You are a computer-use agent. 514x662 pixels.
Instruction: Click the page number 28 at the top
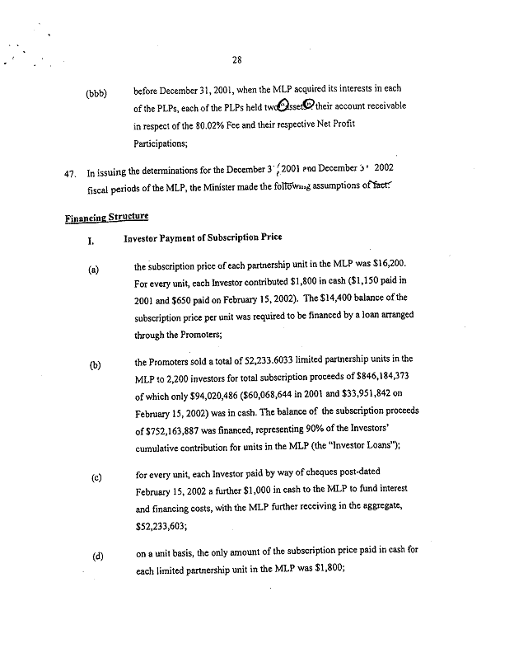[x=238, y=58]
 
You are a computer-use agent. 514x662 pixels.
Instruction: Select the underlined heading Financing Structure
[x=106, y=217]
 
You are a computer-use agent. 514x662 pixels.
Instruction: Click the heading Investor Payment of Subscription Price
[x=203, y=237]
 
